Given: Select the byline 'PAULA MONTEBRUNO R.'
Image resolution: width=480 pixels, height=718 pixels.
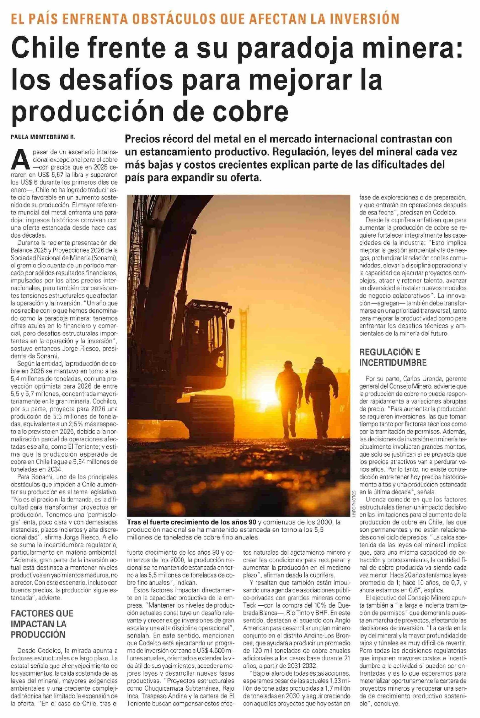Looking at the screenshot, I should pos(43,138).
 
